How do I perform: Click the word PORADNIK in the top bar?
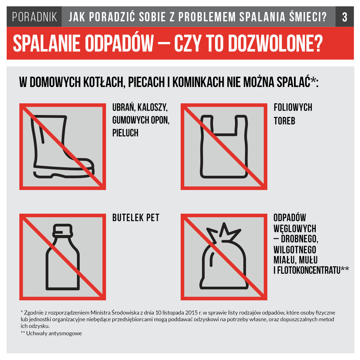(x=34, y=17)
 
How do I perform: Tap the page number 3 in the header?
(x=345, y=17)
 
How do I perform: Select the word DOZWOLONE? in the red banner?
(x=276, y=43)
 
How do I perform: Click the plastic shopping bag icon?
(x=224, y=146)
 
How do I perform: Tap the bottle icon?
(x=63, y=257)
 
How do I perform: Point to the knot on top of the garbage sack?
(x=224, y=232)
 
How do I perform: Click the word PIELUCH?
(x=125, y=133)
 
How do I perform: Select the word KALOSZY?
(x=152, y=107)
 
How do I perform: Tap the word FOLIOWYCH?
(x=293, y=107)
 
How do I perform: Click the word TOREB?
(x=284, y=121)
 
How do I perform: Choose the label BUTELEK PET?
(x=136, y=218)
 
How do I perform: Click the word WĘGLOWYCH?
(x=295, y=229)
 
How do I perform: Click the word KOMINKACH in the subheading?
(x=198, y=82)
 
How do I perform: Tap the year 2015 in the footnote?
(x=191, y=313)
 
